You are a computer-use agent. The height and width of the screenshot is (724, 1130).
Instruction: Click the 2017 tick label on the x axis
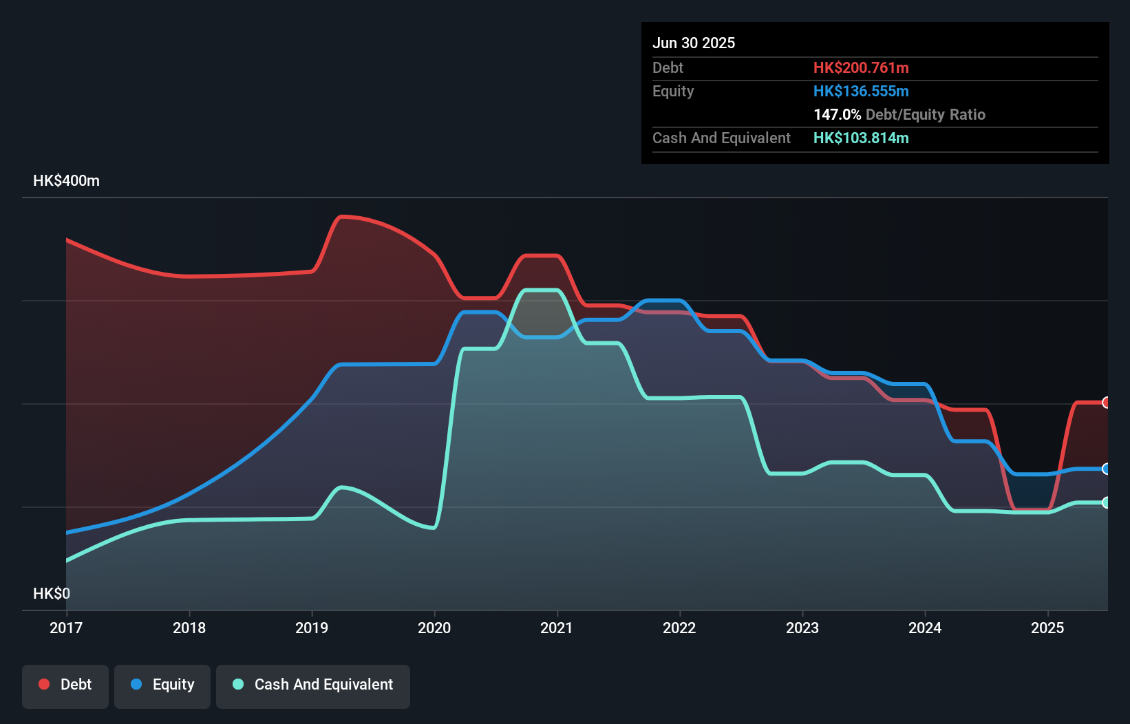coord(66,628)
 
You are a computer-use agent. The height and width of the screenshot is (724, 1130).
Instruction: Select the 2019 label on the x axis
coord(312,628)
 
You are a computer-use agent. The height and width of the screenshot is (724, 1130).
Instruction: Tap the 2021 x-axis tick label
coord(557,628)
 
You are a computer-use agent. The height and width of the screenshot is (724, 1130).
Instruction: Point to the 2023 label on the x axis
coord(802,628)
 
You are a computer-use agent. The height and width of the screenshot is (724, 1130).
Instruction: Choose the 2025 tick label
coord(1047,628)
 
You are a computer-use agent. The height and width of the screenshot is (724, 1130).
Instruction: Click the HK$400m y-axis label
coord(66,181)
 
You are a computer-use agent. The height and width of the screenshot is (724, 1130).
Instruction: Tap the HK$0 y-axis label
coord(52,593)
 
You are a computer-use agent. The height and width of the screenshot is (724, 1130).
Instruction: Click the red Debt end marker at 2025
coord(1106,403)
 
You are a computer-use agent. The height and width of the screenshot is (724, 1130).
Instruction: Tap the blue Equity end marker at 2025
coord(1106,469)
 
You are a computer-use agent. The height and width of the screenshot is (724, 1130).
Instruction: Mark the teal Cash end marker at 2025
coord(1106,502)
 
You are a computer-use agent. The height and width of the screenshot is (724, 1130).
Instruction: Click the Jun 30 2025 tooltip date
coord(694,43)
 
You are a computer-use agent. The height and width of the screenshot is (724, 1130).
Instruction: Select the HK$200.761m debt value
coord(861,67)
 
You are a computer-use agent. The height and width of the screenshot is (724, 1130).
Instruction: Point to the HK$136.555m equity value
coord(861,91)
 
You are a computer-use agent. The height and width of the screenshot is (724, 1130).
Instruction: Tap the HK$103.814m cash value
coord(861,138)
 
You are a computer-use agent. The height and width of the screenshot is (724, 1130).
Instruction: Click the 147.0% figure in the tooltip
coord(837,114)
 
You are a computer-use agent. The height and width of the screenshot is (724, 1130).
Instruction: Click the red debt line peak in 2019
coord(343,217)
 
